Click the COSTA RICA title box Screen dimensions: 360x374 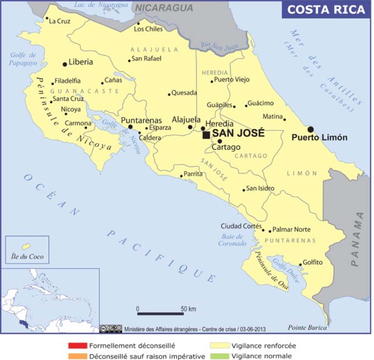point(326,10)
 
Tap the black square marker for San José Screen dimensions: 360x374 point(206,135)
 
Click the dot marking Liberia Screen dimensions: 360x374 point(65,63)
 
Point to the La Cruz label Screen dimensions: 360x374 point(59,21)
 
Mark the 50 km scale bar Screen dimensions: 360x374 point(160,313)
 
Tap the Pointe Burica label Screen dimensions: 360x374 point(307,327)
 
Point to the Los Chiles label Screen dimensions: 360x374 point(148,28)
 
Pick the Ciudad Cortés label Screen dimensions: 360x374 point(241,226)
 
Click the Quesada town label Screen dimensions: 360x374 point(184,92)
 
